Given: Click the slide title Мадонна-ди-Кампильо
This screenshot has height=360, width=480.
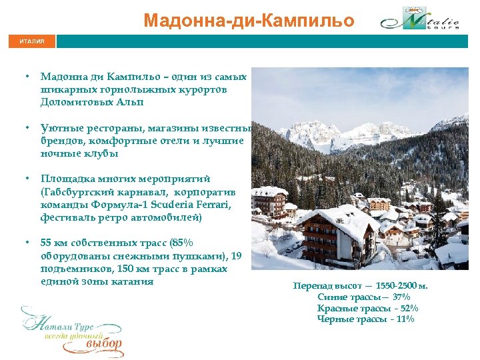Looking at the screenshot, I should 249,20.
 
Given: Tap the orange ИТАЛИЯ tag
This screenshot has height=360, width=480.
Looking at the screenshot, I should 32,41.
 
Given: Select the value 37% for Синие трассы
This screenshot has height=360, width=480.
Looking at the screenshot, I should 401,297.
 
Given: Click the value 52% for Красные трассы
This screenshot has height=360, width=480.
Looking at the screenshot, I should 405,308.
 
